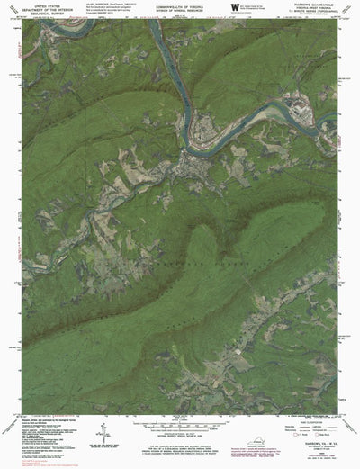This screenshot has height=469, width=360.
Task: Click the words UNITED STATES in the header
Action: [x=41, y=5]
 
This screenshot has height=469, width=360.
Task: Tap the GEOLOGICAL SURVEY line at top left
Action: [x=41, y=15]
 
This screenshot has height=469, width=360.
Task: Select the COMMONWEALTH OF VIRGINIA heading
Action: [x=179, y=5]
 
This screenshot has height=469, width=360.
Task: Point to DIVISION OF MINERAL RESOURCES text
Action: [x=179, y=10]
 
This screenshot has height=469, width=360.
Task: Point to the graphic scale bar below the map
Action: [x=179, y=423]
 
